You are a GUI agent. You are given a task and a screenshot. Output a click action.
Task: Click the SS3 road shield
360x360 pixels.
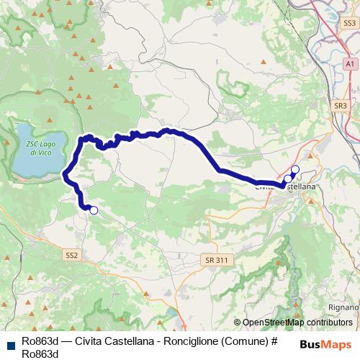(349, 23)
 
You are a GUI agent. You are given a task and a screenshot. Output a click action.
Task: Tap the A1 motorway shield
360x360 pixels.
(349, 64)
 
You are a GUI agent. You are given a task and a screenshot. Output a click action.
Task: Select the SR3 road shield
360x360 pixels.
(341, 106)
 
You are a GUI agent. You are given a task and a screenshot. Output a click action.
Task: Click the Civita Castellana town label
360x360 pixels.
(285, 186)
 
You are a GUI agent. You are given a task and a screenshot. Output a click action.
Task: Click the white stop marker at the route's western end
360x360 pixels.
(93, 210)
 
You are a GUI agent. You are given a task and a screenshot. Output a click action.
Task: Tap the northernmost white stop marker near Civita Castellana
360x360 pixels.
(294, 169)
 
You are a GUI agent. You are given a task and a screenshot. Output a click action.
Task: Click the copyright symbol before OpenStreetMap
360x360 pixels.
(238, 323)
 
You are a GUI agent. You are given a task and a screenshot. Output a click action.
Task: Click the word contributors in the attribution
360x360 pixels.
(329, 323)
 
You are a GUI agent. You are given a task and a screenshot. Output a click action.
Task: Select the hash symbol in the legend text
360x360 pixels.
(273, 341)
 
